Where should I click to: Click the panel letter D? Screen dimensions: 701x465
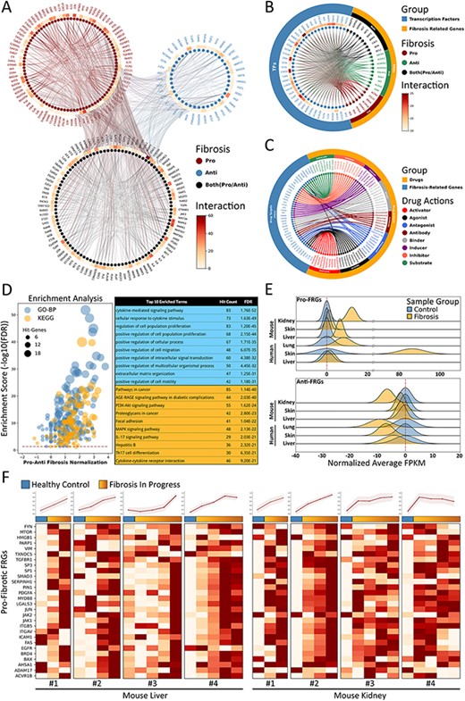coord(7,288)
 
